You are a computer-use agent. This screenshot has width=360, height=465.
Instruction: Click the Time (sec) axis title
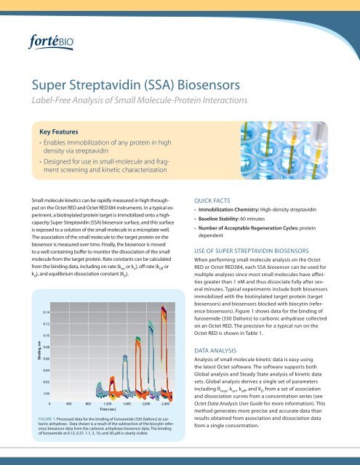pos(111,410)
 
